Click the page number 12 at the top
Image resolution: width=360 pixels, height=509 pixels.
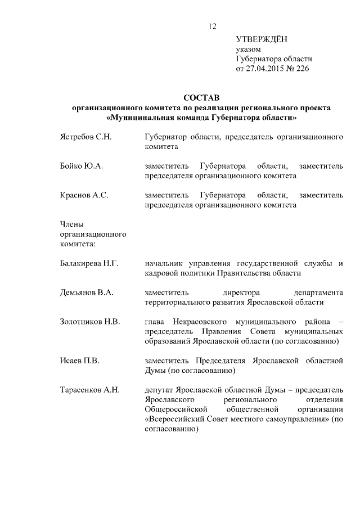coord(212,26)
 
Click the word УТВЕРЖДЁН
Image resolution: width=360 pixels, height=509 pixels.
coord(261,39)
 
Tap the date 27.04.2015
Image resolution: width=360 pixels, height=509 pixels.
coord(265,69)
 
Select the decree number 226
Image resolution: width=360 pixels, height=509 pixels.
coord(303,69)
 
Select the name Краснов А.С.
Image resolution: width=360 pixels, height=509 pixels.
coord(83,195)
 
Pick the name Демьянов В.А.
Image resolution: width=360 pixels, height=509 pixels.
coord(87,292)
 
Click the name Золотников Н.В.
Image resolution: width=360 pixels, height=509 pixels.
coord(89,322)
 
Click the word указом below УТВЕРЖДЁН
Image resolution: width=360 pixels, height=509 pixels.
coord(248,49)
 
